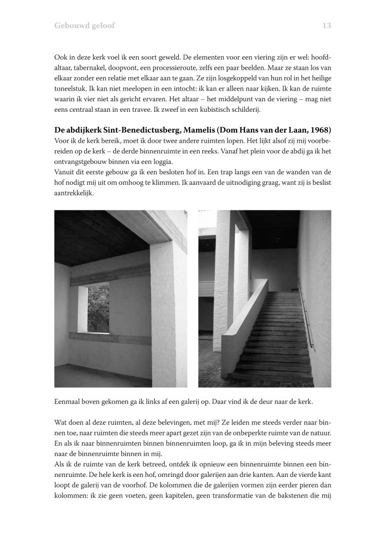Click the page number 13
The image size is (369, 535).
(x=326, y=26)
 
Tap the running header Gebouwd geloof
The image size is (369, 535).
(x=84, y=26)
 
